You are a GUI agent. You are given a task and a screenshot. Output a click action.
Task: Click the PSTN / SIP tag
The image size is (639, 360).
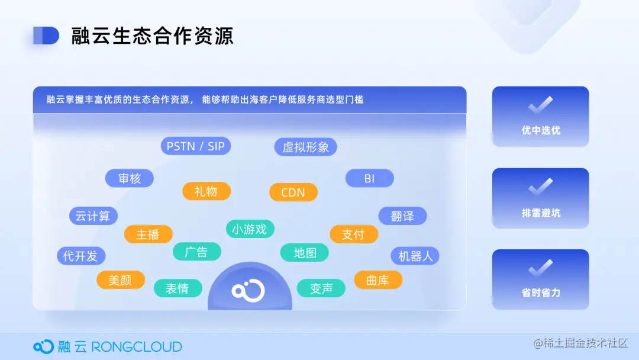click(x=196, y=146)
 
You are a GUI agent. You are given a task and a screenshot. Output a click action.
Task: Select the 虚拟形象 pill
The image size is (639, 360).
click(x=305, y=147)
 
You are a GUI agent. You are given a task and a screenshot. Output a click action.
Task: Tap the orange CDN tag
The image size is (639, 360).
click(x=293, y=192)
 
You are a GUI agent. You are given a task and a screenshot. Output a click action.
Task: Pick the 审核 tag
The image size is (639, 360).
click(x=130, y=178)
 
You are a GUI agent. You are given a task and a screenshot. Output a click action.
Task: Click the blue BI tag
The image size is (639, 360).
click(x=369, y=178)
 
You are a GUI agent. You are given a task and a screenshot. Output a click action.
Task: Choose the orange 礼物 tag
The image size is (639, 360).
click(x=205, y=191)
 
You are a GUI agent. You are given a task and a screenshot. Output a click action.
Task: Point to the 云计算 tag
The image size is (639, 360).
click(x=93, y=216)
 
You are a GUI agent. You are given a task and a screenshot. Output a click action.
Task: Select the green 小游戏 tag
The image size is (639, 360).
click(x=250, y=229)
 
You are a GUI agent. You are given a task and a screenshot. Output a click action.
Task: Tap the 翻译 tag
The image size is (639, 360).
click(x=402, y=216)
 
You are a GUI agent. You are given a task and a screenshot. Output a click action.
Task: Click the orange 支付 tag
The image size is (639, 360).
click(x=353, y=234)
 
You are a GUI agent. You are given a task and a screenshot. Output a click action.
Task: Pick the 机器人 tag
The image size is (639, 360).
click(x=415, y=256)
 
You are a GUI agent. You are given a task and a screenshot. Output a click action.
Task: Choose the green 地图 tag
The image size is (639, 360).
click(x=305, y=253)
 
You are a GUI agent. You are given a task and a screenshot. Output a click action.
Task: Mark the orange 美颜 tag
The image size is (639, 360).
click(x=120, y=279)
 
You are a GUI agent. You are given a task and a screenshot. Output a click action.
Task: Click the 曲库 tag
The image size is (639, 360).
click(x=377, y=279)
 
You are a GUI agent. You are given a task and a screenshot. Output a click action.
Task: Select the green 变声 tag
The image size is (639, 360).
click(x=321, y=288)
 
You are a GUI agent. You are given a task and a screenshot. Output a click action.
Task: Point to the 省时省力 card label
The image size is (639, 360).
click(x=541, y=292)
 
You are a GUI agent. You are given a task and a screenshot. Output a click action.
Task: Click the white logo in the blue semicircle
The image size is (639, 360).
click(x=248, y=290)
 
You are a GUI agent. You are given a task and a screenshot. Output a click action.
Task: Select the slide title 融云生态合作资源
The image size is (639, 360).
click(x=153, y=36)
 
